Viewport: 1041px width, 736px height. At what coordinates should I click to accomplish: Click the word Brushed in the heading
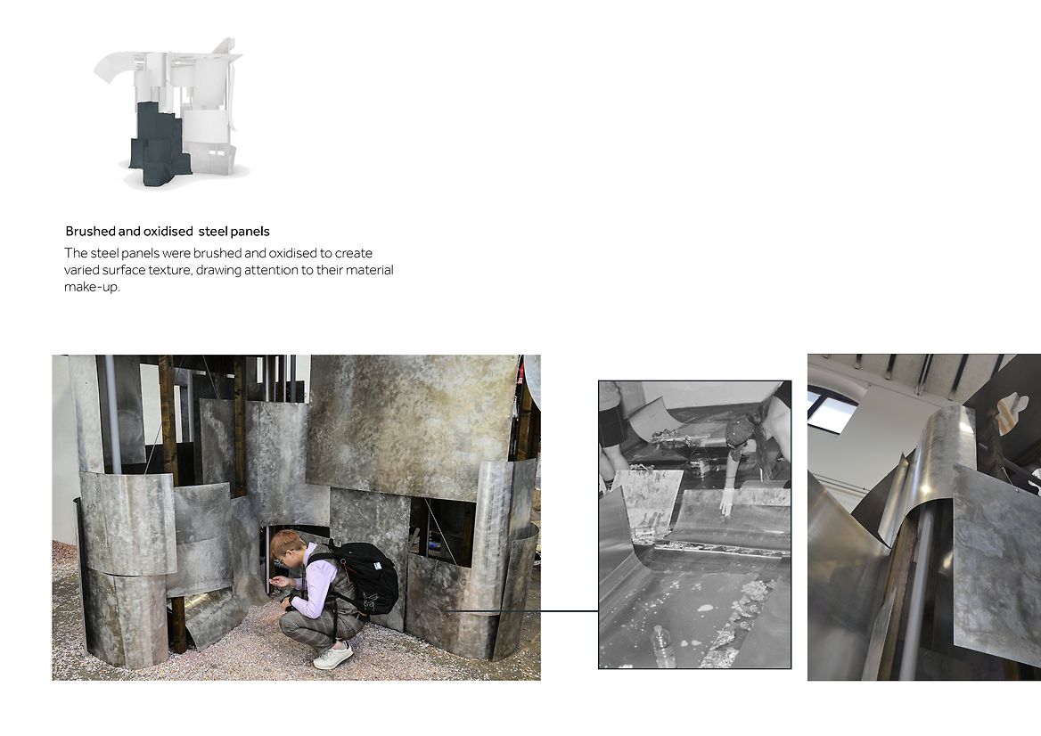[x=90, y=232]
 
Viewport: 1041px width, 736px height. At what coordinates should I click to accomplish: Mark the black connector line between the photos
[x=521, y=610]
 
